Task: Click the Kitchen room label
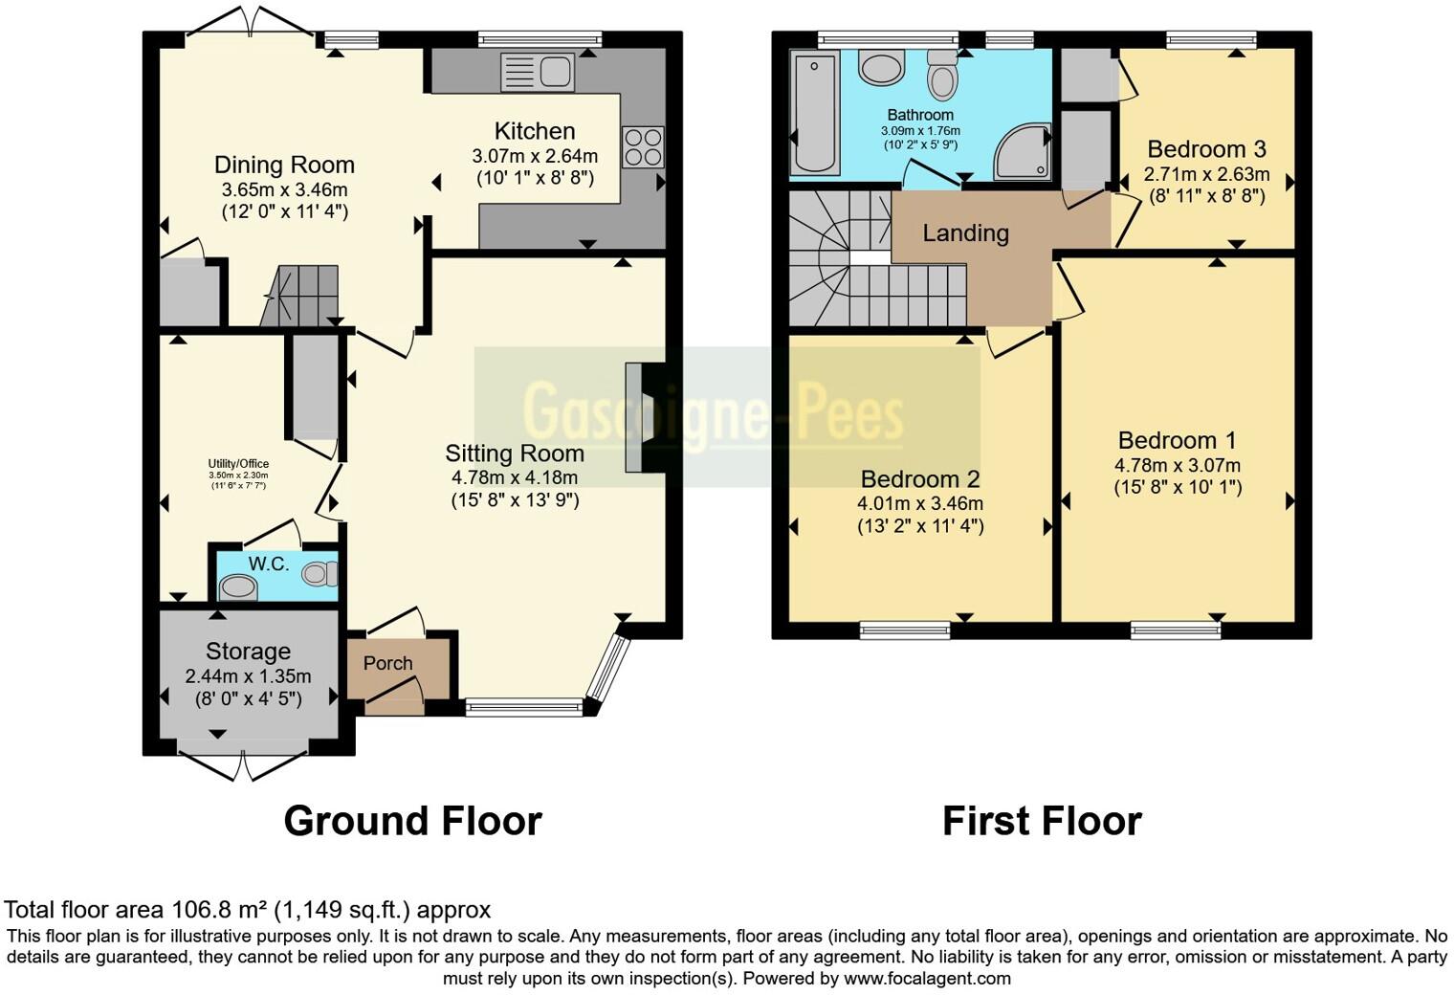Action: (x=534, y=131)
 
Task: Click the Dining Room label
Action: (x=284, y=165)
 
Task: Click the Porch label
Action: (x=387, y=663)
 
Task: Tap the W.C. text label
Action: (x=269, y=564)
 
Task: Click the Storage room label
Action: (x=248, y=652)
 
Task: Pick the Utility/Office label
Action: (x=238, y=464)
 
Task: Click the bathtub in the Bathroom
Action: (x=814, y=114)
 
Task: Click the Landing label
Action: (x=965, y=233)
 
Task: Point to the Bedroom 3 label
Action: (x=1206, y=149)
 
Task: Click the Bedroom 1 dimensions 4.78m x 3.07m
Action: (x=1177, y=466)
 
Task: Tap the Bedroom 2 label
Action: (x=919, y=479)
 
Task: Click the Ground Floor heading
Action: (x=412, y=821)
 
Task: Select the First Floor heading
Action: (x=1041, y=821)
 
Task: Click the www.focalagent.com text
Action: (x=927, y=978)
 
